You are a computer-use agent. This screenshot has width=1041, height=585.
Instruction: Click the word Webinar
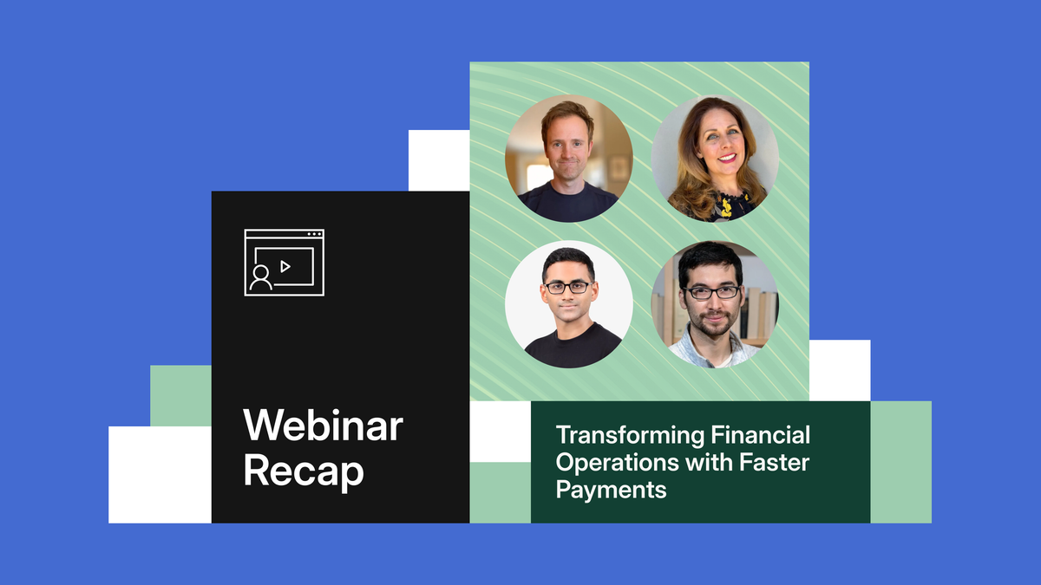click(323, 426)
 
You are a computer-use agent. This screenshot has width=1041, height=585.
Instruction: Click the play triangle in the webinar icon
click(285, 266)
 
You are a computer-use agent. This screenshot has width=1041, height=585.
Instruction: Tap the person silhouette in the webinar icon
click(259, 278)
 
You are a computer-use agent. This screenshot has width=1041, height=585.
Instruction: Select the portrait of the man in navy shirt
click(569, 159)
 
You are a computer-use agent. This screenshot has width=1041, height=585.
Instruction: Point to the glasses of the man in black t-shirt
click(567, 287)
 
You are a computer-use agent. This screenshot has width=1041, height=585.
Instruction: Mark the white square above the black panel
click(438, 160)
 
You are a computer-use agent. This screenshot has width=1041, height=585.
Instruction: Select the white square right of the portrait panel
click(839, 370)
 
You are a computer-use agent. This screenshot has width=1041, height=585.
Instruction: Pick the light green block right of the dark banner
click(900, 462)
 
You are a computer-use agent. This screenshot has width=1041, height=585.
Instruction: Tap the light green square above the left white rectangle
click(180, 395)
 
